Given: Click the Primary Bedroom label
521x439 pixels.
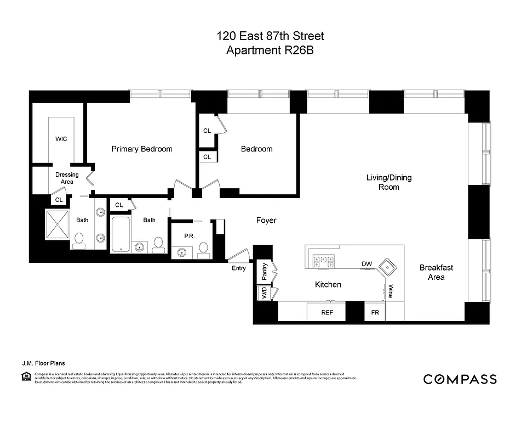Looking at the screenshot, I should pos(142,149).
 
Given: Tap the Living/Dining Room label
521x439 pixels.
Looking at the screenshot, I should pos(388,182).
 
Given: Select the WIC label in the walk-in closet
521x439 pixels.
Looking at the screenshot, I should pos(61,139).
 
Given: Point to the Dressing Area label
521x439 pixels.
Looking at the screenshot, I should pos(67,178).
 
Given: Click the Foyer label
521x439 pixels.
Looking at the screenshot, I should pos(266,221).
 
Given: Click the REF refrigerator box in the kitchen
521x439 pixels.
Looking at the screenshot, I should pos(327,312).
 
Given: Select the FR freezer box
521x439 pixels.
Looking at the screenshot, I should pos(375,312).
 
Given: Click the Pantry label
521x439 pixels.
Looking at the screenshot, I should pos(264,271).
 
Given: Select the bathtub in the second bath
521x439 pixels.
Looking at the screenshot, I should pos(120,235).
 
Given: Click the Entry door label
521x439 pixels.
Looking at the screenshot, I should pos(239,268).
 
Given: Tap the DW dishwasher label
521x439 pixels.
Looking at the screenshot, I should pos(367,264).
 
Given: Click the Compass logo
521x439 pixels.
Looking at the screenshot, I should pos(460,379).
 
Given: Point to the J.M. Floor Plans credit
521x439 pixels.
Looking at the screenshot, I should pos(40,362).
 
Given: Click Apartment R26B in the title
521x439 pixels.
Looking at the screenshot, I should pos(270,51).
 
